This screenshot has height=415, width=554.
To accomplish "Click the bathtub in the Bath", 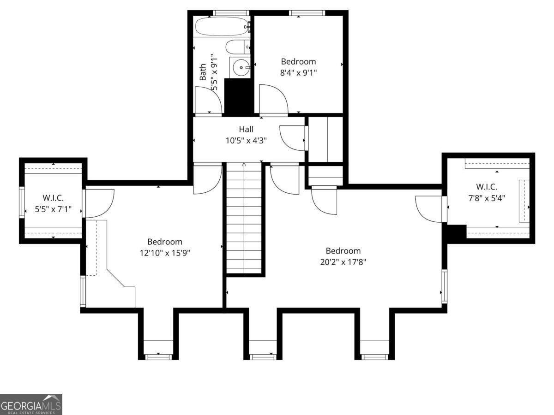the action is tap(223, 26).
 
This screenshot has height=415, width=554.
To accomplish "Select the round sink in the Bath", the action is tap(241, 67).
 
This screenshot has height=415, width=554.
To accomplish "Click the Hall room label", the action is tap(246, 129).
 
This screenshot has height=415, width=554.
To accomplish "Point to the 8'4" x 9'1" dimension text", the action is tap(298, 72).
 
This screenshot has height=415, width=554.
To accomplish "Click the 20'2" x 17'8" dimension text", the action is tap(343, 262).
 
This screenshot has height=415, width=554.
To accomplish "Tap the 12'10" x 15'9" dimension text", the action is tap(165, 253).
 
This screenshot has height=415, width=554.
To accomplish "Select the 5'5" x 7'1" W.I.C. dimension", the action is tap(53, 209).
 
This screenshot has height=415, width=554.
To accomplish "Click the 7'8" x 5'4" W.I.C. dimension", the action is tap(487, 198).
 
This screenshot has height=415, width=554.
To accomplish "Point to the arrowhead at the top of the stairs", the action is tap(244, 165).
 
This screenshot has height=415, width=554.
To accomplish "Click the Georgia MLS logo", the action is tap(31, 404).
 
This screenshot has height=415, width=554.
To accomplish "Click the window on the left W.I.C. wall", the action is tap(22, 202).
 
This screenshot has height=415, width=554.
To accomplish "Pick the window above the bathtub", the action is tap(231, 13).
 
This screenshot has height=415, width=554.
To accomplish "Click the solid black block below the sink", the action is tap(239, 97).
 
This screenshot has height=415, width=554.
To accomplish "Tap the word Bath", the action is tap(203, 72).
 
